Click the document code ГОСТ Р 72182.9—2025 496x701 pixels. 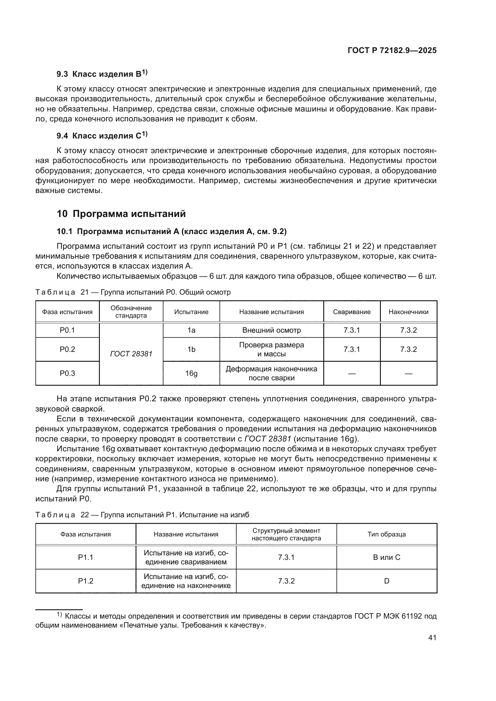click(392, 51)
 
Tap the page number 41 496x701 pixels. click(432, 637)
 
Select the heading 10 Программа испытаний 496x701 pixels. click(121, 214)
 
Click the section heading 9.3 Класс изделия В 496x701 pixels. click(102, 74)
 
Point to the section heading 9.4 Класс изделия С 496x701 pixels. click(102, 135)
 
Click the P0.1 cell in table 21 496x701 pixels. click(67, 330)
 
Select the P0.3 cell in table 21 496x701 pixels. click(67, 373)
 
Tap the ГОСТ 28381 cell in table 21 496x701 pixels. click(131, 354)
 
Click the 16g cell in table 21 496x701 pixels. click(191, 373)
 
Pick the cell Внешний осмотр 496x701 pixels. click(271, 330)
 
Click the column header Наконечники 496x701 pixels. click(408, 312)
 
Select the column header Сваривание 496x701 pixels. click(351, 312)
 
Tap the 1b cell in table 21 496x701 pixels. click(191, 349)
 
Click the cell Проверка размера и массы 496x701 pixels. click(271, 349)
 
